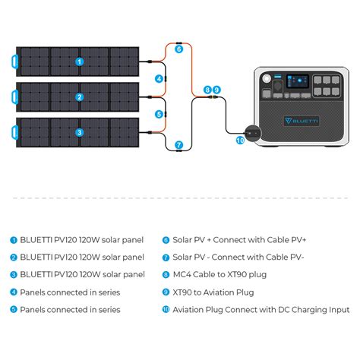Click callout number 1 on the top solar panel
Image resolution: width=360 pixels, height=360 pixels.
(x=80, y=62)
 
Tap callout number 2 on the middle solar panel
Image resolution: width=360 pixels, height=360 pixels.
(x=80, y=97)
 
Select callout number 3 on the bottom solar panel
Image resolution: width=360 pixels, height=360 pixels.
(x=80, y=132)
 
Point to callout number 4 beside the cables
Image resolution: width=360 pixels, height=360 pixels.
(x=159, y=79)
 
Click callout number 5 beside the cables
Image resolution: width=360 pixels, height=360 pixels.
(x=159, y=114)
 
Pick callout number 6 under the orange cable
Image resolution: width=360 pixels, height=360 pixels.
(x=179, y=49)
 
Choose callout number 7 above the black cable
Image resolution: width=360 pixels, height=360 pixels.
(x=179, y=145)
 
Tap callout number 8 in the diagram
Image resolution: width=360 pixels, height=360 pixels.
(x=207, y=90)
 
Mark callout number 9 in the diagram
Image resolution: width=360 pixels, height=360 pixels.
(x=216, y=90)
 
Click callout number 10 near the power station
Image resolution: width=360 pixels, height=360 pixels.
(x=240, y=140)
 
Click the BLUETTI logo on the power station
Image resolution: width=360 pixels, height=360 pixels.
(x=302, y=121)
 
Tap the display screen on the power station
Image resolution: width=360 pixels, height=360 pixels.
(x=298, y=81)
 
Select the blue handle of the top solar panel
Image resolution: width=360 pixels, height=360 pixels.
(x=14, y=62)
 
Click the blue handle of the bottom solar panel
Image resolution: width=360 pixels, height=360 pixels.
(x=14, y=132)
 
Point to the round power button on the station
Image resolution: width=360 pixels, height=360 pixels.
(x=267, y=78)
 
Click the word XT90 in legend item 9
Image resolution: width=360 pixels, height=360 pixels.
(x=182, y=292)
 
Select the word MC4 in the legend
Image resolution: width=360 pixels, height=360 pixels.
(x=182, y=274)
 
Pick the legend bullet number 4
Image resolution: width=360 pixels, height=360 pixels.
(x=14, y=292)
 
